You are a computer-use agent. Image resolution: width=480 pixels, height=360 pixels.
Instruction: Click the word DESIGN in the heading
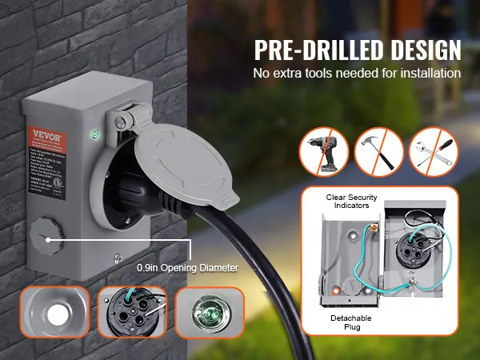[423, 49]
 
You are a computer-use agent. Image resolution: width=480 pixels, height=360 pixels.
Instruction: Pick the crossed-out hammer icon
[378, 153]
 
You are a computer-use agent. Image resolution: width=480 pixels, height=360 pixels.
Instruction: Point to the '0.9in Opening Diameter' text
[187, 268]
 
